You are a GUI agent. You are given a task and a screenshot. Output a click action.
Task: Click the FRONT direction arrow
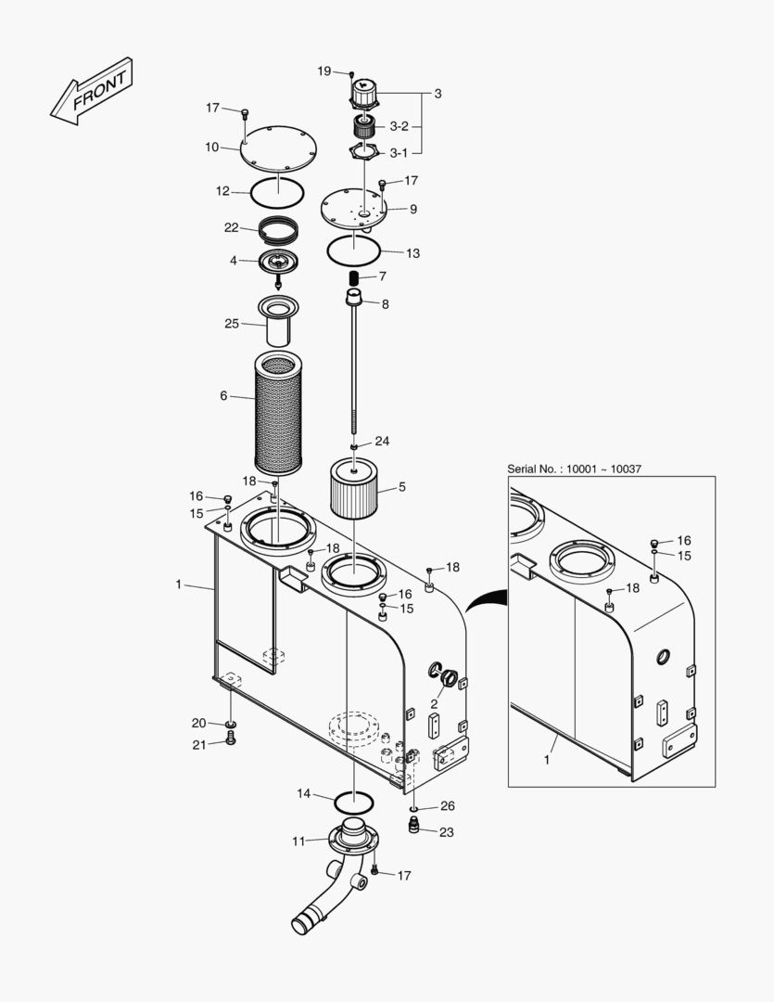92,91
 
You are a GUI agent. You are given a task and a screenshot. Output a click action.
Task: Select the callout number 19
324,71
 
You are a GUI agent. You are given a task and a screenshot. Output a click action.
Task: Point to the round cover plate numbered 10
279,148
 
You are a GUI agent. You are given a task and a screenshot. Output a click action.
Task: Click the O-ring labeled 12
277,193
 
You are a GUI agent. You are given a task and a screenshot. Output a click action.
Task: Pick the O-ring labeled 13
353,250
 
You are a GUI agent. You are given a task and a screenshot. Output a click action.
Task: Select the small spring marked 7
353,278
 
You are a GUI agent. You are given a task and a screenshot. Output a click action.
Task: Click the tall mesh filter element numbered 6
278,416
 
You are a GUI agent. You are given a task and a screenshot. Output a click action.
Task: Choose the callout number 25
231,324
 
